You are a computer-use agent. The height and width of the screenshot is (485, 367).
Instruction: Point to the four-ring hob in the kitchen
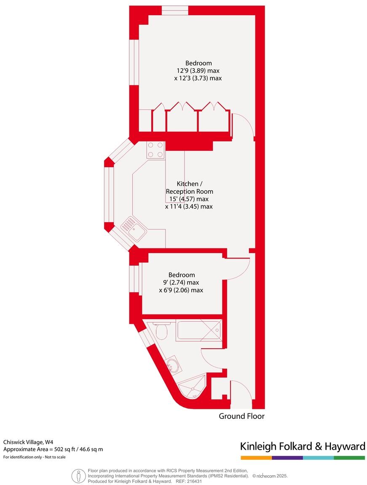[155, 150]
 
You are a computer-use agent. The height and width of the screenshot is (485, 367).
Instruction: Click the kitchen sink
[134, 229]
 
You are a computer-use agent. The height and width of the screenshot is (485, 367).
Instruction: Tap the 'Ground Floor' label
[241, 416]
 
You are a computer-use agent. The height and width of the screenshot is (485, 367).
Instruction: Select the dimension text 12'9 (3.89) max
[198, 71]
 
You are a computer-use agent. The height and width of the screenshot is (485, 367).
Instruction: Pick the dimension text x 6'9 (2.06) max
[181, 290]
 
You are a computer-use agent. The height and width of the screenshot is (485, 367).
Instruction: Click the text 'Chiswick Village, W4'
[28, 442]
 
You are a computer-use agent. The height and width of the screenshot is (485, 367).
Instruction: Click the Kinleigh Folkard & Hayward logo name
[302, 446]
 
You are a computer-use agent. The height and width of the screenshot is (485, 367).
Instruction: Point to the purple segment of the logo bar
[287, 458]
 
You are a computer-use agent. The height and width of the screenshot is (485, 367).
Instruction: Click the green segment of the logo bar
[349, 458]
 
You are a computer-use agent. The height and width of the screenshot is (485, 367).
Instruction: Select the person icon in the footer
[78, 476]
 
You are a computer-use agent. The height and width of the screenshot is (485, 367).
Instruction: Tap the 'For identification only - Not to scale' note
[35, 457]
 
